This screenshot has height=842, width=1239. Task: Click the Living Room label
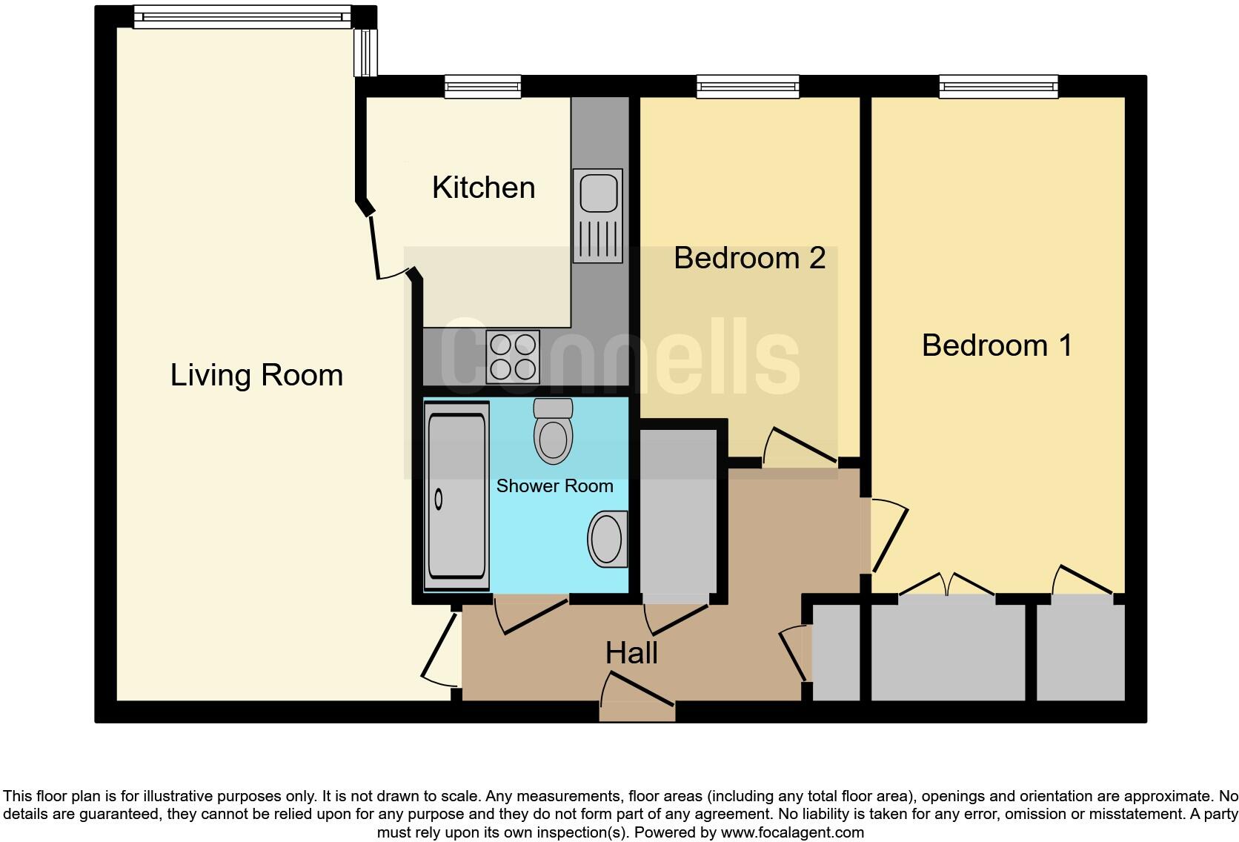(256, 375)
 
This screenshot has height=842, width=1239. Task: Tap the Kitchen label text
(483, 188)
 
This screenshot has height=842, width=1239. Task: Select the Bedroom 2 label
(749, 258)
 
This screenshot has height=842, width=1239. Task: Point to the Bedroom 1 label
(996, 345)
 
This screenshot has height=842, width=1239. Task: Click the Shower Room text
(554, 486)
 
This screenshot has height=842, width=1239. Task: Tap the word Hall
(631, 653)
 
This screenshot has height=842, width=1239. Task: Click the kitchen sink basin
(598, 191)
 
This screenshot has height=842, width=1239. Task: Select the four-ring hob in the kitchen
(513, 357)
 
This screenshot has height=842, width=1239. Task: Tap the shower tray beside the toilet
(456, 497)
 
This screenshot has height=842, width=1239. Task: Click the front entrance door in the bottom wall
(637, 700)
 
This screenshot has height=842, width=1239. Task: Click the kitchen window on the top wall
(482, 87)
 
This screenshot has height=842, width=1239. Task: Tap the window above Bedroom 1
(998, 87)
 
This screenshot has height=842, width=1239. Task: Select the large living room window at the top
(241, 17)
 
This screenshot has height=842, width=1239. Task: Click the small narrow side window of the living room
(365, 53)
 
